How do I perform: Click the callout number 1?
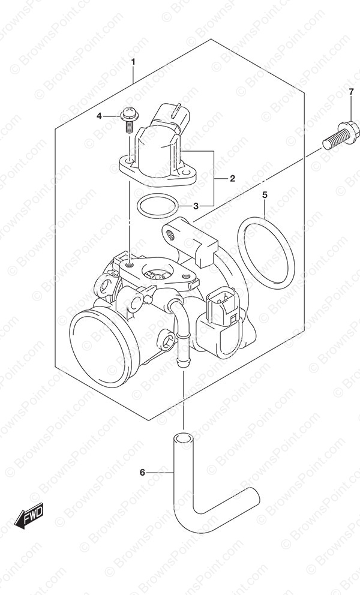tap(133, 61)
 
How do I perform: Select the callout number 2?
tap(232, 178)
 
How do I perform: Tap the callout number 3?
tap(196, 206)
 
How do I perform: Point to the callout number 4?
tap(99, 116)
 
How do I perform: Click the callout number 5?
tap(265, 195)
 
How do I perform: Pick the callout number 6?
tap(142, 473)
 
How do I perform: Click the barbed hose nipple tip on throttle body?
tap(182, 363)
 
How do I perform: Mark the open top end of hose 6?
tap(182, 437)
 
